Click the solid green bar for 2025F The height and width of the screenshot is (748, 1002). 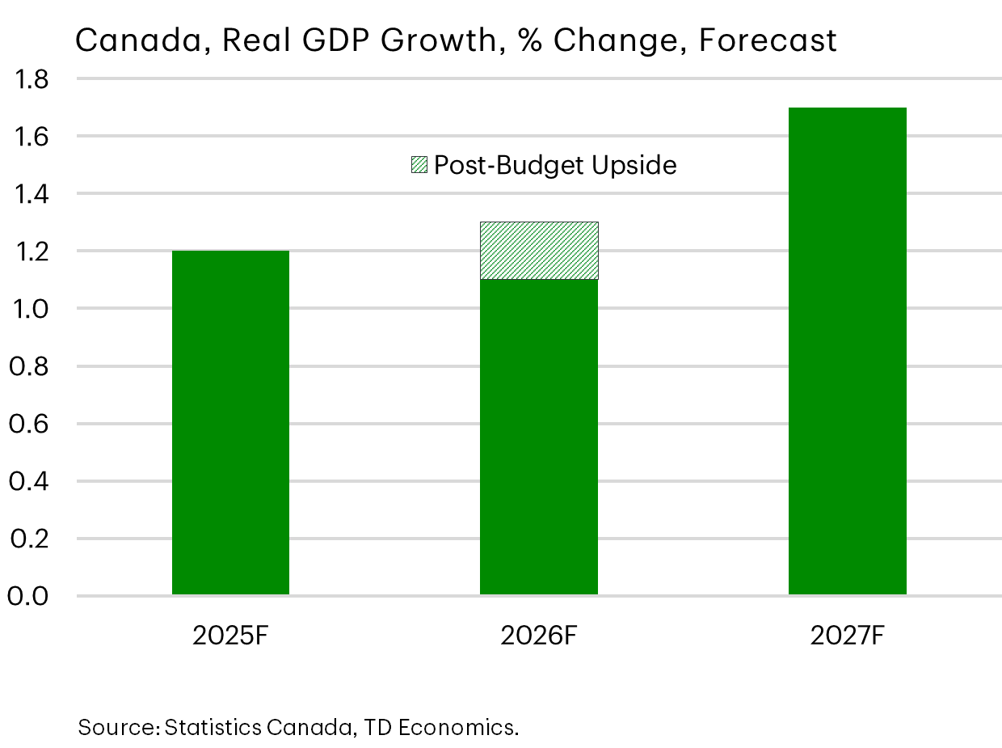230,423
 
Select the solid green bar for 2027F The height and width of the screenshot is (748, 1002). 847,352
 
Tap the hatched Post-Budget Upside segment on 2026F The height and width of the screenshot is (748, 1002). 539,251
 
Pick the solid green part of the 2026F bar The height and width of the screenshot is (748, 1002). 539,437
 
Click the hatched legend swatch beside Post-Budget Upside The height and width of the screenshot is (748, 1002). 419,165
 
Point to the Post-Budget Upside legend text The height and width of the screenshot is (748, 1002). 554,165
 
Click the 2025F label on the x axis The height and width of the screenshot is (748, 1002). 230,636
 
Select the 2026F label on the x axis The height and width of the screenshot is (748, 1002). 539,636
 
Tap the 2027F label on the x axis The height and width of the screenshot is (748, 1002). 847,636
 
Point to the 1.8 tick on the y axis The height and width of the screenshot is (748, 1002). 29,79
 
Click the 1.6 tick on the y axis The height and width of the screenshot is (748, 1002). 29,137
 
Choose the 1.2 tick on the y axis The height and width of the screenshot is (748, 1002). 29,251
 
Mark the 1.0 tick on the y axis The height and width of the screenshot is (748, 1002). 29,309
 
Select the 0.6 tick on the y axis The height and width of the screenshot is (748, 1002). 29,424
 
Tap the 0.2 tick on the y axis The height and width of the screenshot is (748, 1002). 29,539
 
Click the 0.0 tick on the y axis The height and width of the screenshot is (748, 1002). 29,596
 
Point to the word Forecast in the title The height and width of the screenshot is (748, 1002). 767,40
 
